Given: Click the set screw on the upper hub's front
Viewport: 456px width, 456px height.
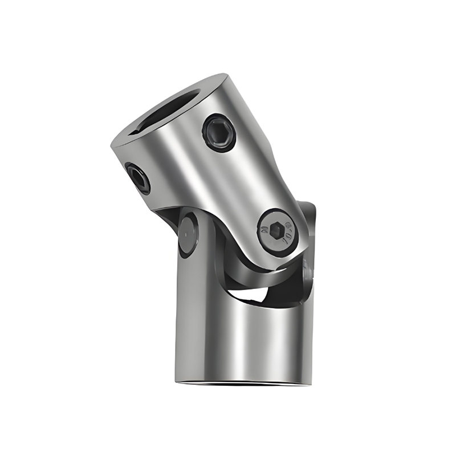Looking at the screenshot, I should coord(219,132).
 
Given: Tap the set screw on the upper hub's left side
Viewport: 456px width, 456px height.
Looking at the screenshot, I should coord(137,178).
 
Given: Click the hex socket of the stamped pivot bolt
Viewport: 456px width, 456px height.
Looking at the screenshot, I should coord(276,230).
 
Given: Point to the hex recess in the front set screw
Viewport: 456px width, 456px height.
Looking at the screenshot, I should coord(219,132).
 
